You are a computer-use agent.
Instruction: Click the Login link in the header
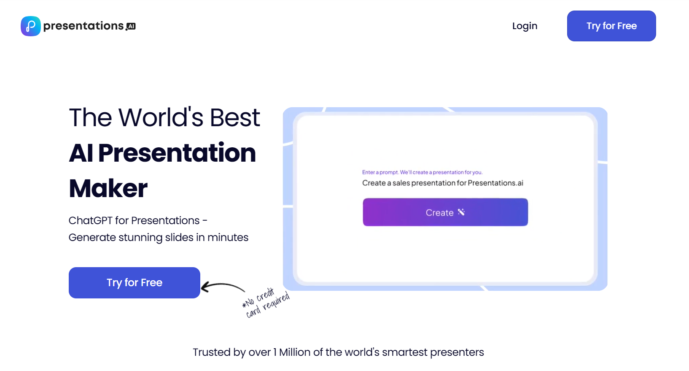tap(525, 26)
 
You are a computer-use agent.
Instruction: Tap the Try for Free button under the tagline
tap(134, 282)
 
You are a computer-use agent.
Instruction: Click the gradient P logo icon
tap(31, 26)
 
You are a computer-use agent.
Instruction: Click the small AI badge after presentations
tap(131, 27)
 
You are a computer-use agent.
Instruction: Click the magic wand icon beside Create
tap(461, 212)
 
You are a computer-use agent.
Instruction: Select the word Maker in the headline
tap(108, 188)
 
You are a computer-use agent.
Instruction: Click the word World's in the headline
tap(161, 117)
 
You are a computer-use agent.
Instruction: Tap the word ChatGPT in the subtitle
tap(90, 221)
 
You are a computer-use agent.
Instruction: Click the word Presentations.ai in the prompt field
tap(495, 183)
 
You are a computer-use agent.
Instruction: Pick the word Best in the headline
tap(235, 117)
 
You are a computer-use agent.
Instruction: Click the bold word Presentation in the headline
tap(177, 153)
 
